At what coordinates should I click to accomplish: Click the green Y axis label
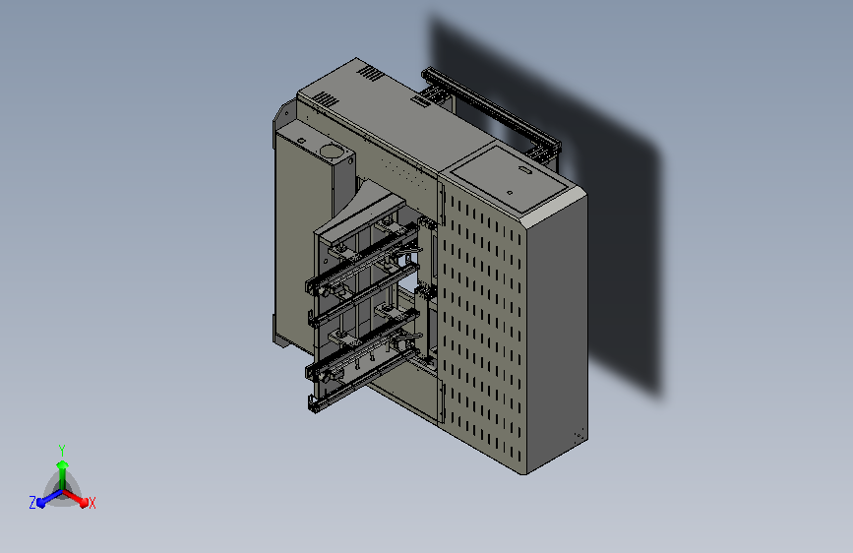click(x=61, y=450)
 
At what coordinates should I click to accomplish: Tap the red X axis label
click(x=91, y=503)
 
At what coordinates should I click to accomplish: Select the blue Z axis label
click(x=32, y=503)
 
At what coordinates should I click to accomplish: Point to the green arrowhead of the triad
click(x=62, y=464)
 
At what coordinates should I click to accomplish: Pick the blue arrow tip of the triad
click(x=40, y=503)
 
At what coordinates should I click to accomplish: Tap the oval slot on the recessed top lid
click(x=526, y=170)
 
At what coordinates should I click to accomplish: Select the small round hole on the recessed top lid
click(x=510, y=192)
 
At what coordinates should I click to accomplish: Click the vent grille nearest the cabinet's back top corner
click(x=371, y=73)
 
